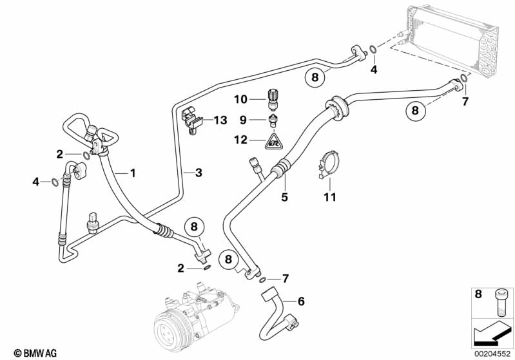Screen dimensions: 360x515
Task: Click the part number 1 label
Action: [133, 173]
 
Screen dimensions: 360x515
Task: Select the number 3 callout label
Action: [199, 173]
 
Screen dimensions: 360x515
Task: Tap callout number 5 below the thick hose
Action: [284, 198]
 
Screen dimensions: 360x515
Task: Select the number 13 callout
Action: [220, 120]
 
